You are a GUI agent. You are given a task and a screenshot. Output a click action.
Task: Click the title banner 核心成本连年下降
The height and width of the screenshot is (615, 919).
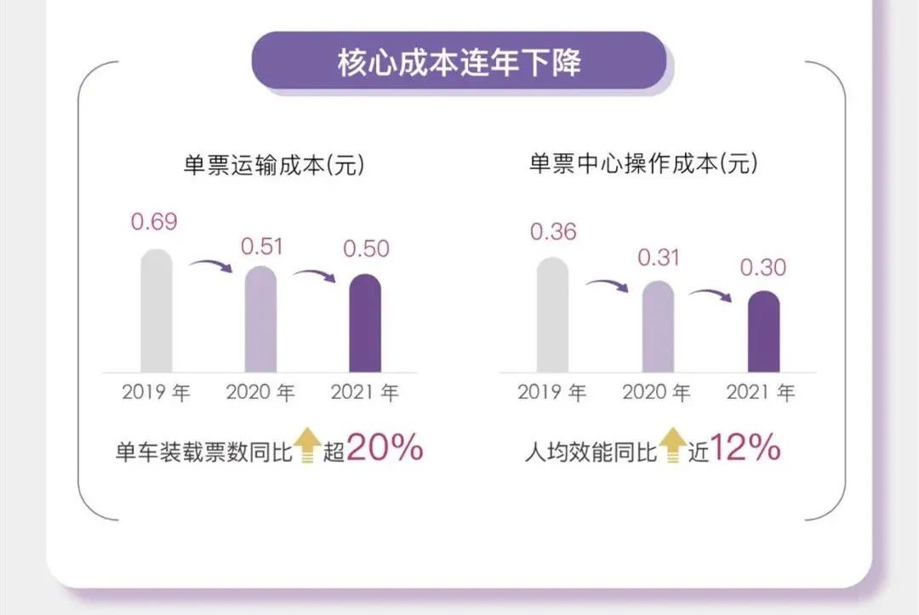[459, 61]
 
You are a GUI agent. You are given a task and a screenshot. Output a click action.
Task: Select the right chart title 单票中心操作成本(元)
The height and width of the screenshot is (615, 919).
[643, 164]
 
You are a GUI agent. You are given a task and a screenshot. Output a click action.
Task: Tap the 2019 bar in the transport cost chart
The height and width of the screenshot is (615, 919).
[157, 310]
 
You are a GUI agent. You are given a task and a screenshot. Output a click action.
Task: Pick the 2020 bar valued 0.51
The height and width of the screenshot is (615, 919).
[261, 319]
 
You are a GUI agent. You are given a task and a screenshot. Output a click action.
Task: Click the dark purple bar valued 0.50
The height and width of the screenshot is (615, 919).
[366, 323]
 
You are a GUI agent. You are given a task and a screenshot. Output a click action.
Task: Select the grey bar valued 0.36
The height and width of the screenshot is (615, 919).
[553, 315]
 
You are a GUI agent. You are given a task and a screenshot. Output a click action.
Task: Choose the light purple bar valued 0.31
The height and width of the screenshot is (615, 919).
[658, 327]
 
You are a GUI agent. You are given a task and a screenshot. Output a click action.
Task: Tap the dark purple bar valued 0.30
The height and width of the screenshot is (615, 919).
[763, 332]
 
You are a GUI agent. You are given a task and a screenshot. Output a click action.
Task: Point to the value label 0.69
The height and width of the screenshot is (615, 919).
[154, 223]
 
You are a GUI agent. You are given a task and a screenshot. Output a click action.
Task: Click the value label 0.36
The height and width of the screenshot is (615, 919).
[553, 231]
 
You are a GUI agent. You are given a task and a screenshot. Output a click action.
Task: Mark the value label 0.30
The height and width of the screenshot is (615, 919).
[763, 267]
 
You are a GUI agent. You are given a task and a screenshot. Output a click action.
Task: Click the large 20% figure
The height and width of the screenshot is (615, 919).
[385, 448]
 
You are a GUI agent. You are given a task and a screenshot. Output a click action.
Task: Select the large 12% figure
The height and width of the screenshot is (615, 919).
[745, 448]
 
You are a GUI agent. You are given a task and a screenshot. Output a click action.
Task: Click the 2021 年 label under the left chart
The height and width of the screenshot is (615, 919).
[365, 393]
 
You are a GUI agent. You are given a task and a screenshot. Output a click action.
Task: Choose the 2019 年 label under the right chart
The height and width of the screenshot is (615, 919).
[552, 393]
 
